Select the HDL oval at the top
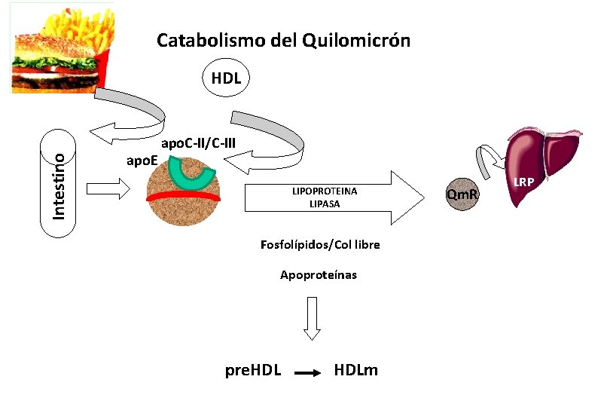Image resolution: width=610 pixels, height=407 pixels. click(226, 78)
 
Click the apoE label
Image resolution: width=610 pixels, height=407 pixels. click(141, 160)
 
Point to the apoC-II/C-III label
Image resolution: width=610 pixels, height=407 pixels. click(199, 142)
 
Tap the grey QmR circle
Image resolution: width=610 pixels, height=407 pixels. click(462, 197)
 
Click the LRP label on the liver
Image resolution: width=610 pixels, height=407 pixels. click(524, 182)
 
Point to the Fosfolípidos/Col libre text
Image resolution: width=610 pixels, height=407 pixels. click(320, 245)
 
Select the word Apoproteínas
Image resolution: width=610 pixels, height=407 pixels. click(319, 275)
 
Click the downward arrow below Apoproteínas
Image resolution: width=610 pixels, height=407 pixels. click(312, 317)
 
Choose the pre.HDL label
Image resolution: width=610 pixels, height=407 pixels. click(254, 370)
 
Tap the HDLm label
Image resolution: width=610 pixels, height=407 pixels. click(356, 370)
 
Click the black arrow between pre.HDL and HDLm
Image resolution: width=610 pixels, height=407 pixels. click(307, 372)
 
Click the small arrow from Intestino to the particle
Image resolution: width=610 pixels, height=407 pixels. click(108, 187)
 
